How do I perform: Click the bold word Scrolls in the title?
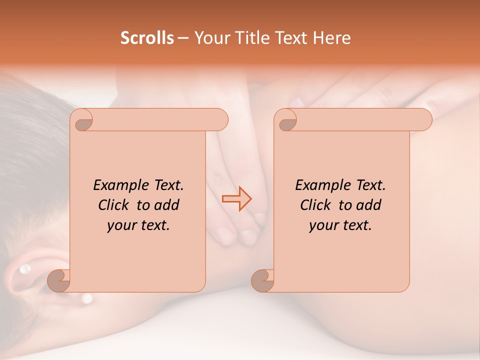pos(147,38)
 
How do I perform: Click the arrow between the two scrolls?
pos(237,199)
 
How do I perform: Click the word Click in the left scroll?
pos(114,205)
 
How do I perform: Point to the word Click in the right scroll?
pos(316,205)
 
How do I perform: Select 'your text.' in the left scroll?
pos(138,225)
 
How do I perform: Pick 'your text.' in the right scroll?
pos(340,225)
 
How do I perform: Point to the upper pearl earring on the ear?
pos(23,270)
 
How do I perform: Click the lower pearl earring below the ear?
pos(87,298)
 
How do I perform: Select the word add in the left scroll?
pos(166,205)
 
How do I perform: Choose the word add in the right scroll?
pos(368,205)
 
